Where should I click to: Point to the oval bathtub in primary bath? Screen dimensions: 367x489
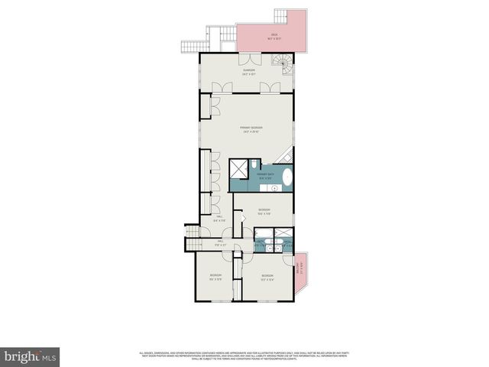[x=288, y=178]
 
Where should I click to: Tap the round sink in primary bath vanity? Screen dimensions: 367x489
[x=273, y=187]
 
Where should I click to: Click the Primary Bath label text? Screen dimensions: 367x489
[x=266, y=177]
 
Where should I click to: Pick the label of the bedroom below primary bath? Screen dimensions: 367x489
[x=264, y=211]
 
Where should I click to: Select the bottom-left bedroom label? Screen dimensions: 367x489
[x=216, y=277]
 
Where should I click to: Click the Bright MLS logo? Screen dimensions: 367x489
[x=30, y=356]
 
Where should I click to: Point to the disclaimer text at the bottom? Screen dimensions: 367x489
[x=244, y=356]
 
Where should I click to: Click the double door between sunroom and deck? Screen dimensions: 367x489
[x=248, y=60]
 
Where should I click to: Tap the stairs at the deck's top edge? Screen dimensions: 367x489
[x=222, y=32]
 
